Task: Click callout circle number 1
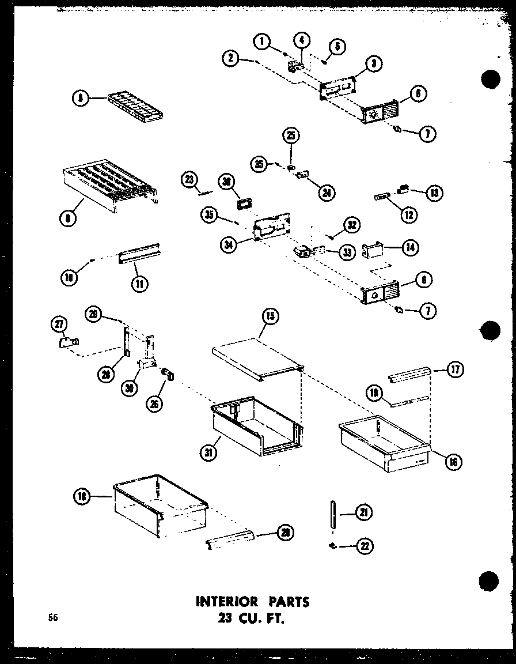point(262,41)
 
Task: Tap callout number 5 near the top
point(337,46)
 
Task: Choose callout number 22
point(364,547)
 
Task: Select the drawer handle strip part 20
point(229,540)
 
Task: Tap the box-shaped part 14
point(371,251)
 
